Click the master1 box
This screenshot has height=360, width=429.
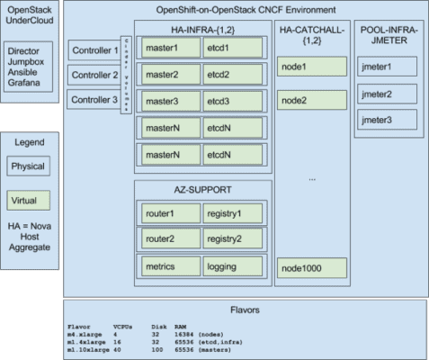(169, 47)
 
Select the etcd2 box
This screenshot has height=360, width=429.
(229, 74)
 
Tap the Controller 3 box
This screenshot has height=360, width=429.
(94, 99)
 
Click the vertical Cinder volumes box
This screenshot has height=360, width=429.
(126, 75)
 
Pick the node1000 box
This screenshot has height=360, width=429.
(311, 267)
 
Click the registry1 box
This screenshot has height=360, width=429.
(229, 215)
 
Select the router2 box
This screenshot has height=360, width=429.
(169, 240)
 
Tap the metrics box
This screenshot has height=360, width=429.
(169, 267)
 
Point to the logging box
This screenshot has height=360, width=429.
(229, 267)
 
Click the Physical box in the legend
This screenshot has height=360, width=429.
(30, 166)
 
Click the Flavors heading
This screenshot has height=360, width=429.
(246, 310)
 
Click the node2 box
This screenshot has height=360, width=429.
(311, 100)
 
